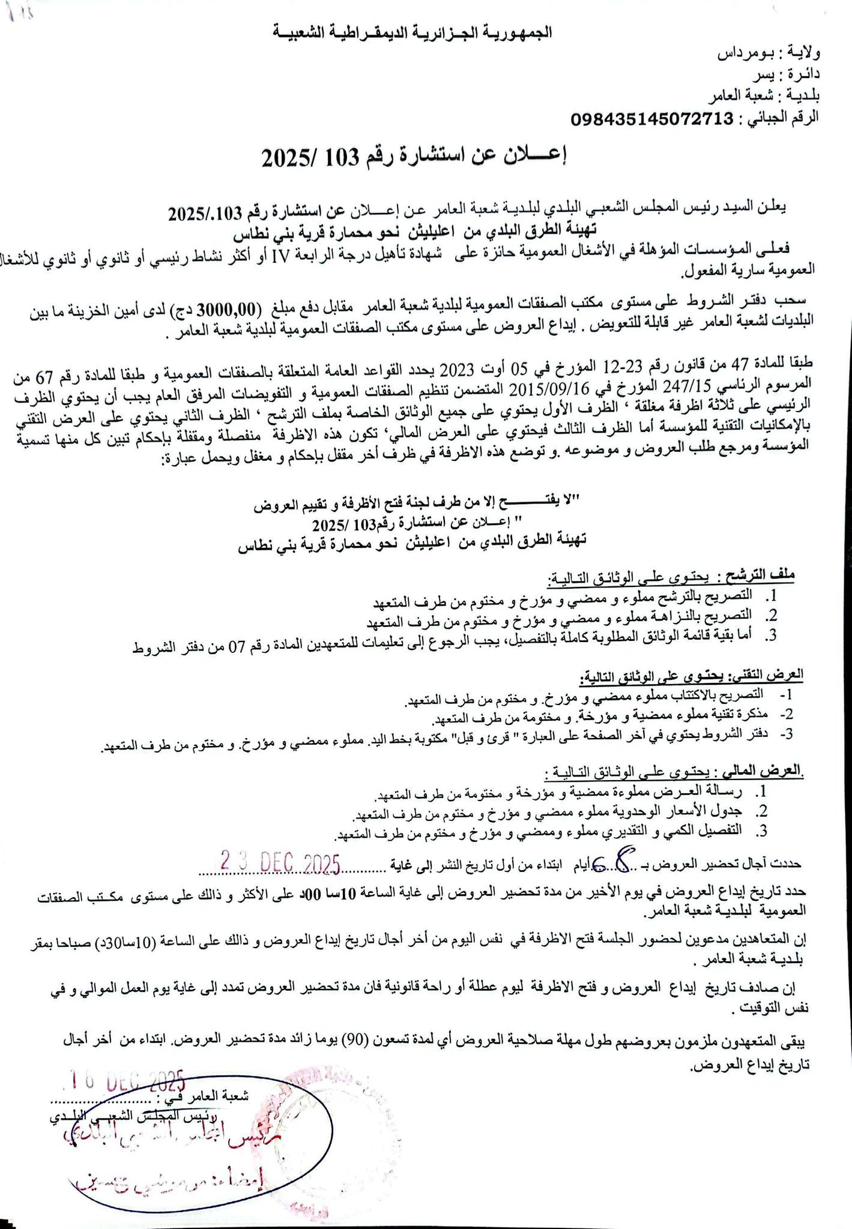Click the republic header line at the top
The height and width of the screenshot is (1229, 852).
[x=414, y=32]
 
